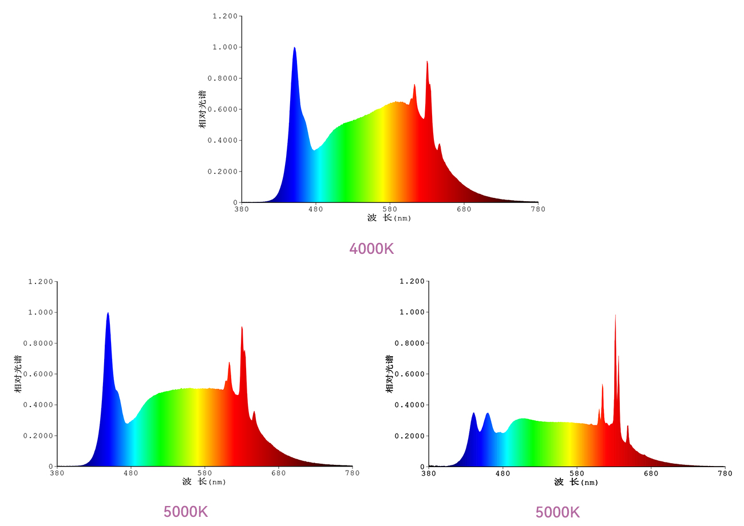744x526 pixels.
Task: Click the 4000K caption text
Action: [x=372, y=249]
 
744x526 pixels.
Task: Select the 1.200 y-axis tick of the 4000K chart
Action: [x=225, y=16]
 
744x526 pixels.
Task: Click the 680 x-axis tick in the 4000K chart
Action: [x=464, y=209]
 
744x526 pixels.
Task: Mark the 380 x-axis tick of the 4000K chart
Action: [x=242, y=209]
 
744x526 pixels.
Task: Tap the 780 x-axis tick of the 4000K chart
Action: [x=538, y=209]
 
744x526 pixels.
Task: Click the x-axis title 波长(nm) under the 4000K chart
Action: [x=389, y=218]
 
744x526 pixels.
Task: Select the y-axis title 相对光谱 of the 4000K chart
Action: [x=203, y=109]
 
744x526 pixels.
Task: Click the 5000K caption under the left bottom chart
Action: [x=186, y=512]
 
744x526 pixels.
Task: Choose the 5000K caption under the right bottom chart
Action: [x=557, y=512]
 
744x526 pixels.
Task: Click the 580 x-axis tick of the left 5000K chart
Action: [x=205, y=473]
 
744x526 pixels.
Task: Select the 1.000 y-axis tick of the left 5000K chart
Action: [x=40, y=312]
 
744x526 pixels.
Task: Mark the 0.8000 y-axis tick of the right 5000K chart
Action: [x=410, y=343]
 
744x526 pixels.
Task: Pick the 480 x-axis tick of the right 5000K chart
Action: [x=502, y=473]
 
